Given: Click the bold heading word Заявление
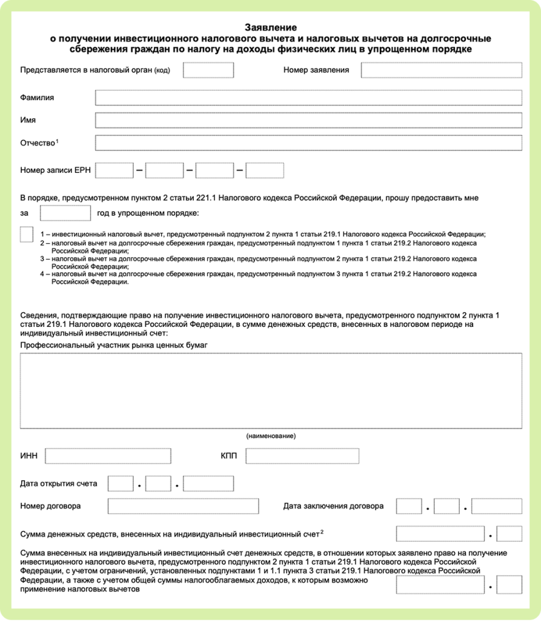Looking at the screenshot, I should click(x=270, y=27).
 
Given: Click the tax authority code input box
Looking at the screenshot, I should click(x=208, y=70).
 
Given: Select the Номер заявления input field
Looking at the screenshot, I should click(x=441, y=70).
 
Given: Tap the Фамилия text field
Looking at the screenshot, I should click(x=308, y=98).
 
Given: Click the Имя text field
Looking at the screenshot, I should click(x=308, y=120).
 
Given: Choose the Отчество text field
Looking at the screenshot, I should click(x=308, y=143).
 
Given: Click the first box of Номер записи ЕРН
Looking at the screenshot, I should click(x=114, y=170).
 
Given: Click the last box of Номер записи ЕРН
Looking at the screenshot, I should click(x=264, y=170).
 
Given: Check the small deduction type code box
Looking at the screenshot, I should click(x=27, y=235).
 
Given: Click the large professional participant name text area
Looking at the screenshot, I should click(x=270, y=391).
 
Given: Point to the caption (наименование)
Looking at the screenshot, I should click(x=270, y=436).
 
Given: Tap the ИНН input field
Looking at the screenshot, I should click(x=108, y=456).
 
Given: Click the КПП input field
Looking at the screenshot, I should click(x=302, y=456).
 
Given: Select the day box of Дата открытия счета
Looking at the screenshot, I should click(x=120, y=484).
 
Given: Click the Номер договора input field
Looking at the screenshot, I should click(x=182, y=506).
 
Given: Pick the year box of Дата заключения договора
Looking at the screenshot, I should click(x=496, y=506).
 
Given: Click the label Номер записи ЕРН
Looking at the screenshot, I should click(x=55, y=170).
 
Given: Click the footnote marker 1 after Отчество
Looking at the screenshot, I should click(x=57, y=141).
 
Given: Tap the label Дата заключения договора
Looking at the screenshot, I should click(x=333, y=506).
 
